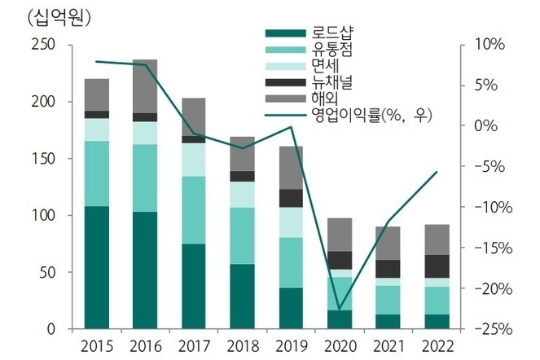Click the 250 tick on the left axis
coord(42,46)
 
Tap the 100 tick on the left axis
coord(42,216)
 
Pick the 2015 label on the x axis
coord(97,343)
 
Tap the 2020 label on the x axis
coord(340,343)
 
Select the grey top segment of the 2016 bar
coord(145,86)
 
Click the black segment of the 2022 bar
coord(437,266)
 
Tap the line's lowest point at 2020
coord(340,310)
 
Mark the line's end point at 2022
coord(437,172)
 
